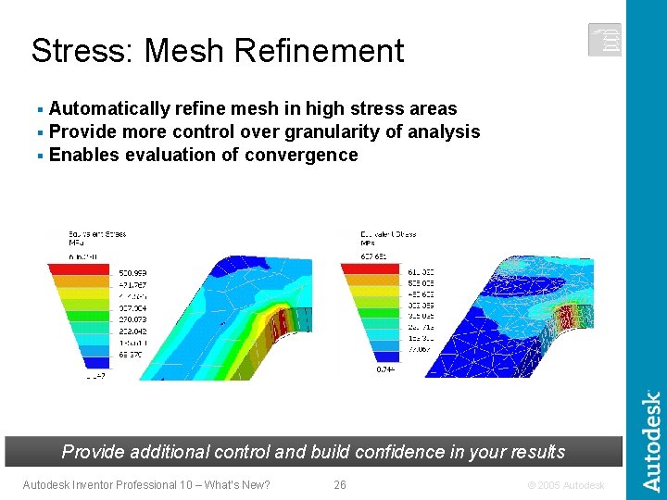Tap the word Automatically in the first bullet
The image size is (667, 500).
(x=108, y=109)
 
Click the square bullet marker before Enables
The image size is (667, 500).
(x=41, y=156)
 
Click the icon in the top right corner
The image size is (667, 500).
(x=604, y=40)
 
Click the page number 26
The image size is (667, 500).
(x=340, y=484)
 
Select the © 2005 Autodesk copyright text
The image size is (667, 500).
(x=564, y=484)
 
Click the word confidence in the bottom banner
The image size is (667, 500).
(x=363, y=452)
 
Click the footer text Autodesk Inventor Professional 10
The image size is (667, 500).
(x=112, y=484)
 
